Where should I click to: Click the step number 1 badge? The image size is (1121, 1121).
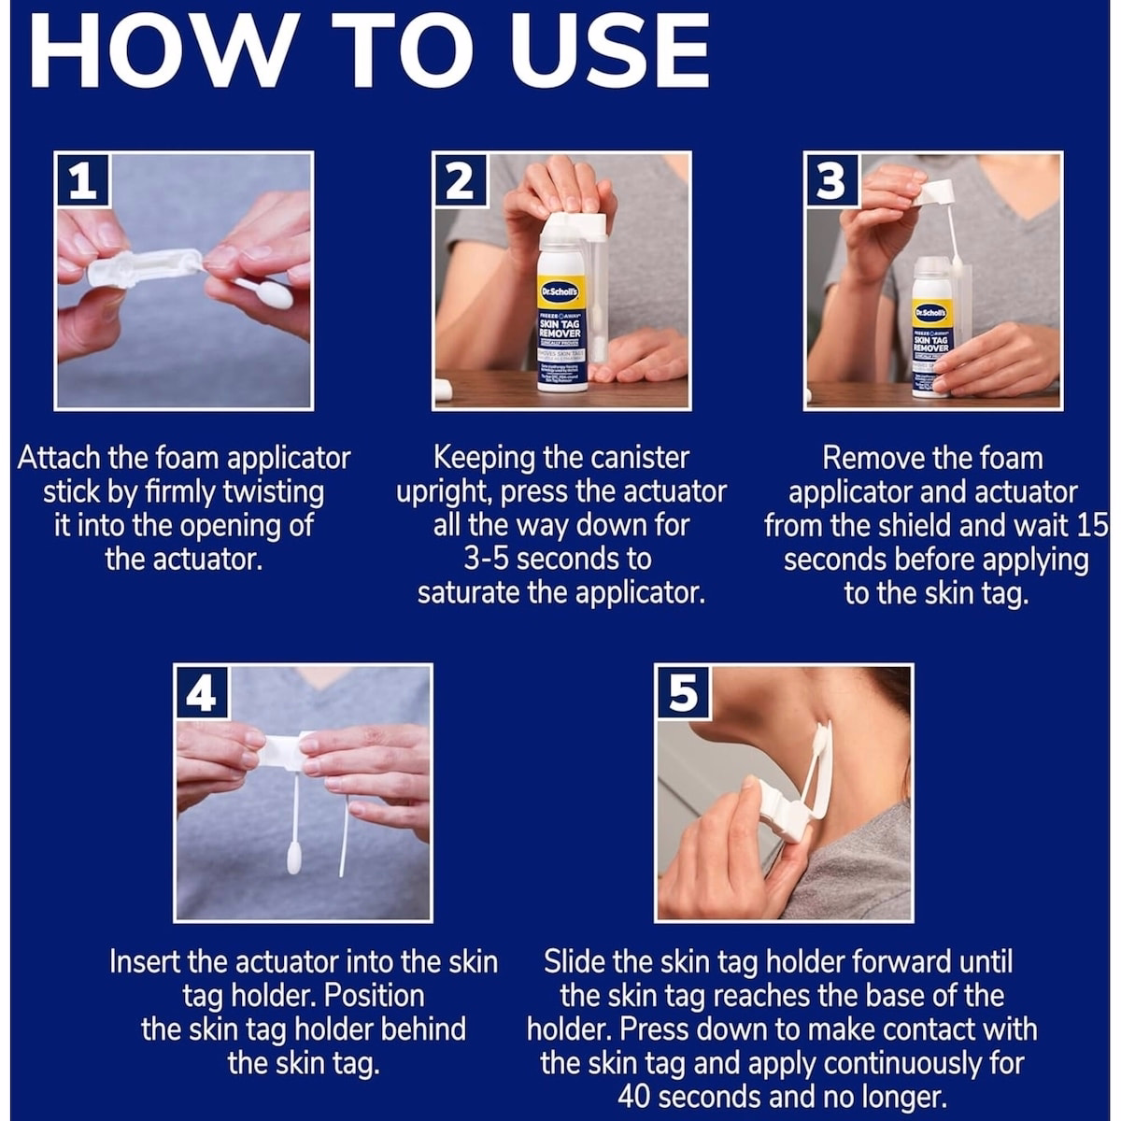(x=83, y=179)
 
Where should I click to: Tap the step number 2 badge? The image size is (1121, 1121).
(x=459, y=179)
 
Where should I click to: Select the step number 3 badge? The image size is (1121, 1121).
(x=830, y=179)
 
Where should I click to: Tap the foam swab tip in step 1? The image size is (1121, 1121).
(x=272, y=294)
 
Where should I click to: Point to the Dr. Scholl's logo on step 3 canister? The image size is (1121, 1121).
(x=930, y=313)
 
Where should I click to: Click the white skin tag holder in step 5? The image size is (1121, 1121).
(x=789, y=808)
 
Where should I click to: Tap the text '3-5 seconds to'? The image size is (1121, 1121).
(x=558, y=559)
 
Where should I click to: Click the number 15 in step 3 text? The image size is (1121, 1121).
(x=1090, y=526)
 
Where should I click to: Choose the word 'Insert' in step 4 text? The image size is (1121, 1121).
(x=146, y=961)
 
